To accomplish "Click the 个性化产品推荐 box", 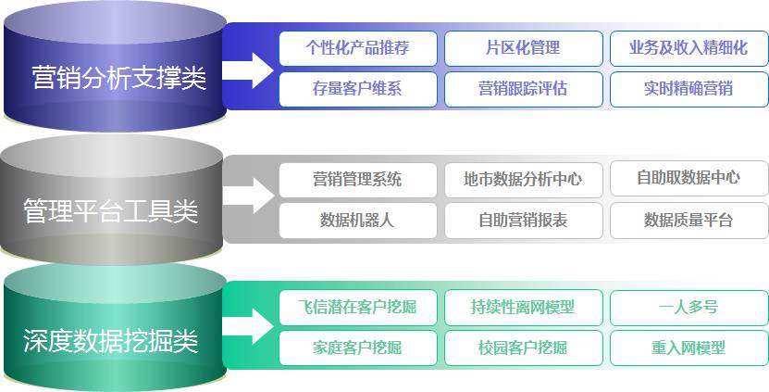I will pyautogui.click(x=357, y=48).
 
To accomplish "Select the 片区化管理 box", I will pyautogui.click(x=523, y=48).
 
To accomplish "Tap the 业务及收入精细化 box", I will pyautogui.click(x=688, y=48).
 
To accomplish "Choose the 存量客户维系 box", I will pyautogui.click(x=357, y=89).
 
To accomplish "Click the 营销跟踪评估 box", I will pyautogui.click(x=523, y=89).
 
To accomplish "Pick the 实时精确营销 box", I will pyautogui.click(x=688, y=89).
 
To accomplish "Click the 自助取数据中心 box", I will pyautogui.click(x=688, y=178).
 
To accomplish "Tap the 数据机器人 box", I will pyautogui.click(x=357, y=221).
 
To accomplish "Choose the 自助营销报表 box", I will pyautogui.click(x=523, y=221).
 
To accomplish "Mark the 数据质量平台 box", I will pyautogui.click(x=688, y=221).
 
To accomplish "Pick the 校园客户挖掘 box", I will pyautogui.click(x=523, y=348).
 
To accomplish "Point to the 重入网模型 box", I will pyautogui.click(x=688, y=348).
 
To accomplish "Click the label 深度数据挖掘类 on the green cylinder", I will pyautogui.click(x=111, y=340).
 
